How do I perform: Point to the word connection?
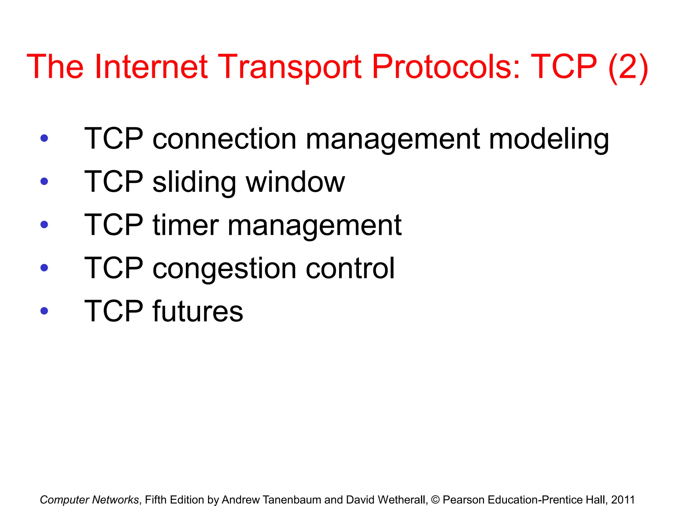tap(224, 139)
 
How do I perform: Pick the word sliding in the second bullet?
tap(194, 182)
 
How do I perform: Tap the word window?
tap(295, 182)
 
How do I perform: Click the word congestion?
tap(224, 269)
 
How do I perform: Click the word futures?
tap(198, 311)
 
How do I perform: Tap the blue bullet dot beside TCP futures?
tap(44, 311)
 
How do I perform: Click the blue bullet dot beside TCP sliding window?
tap(44, 181)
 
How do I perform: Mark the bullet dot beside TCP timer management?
tap(44, 224)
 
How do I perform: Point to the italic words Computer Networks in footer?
tap(89, 500)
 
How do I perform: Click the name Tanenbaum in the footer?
tap(292, 499)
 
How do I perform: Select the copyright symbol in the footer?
tap(435, 500)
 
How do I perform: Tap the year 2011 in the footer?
tap(623, 499)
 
